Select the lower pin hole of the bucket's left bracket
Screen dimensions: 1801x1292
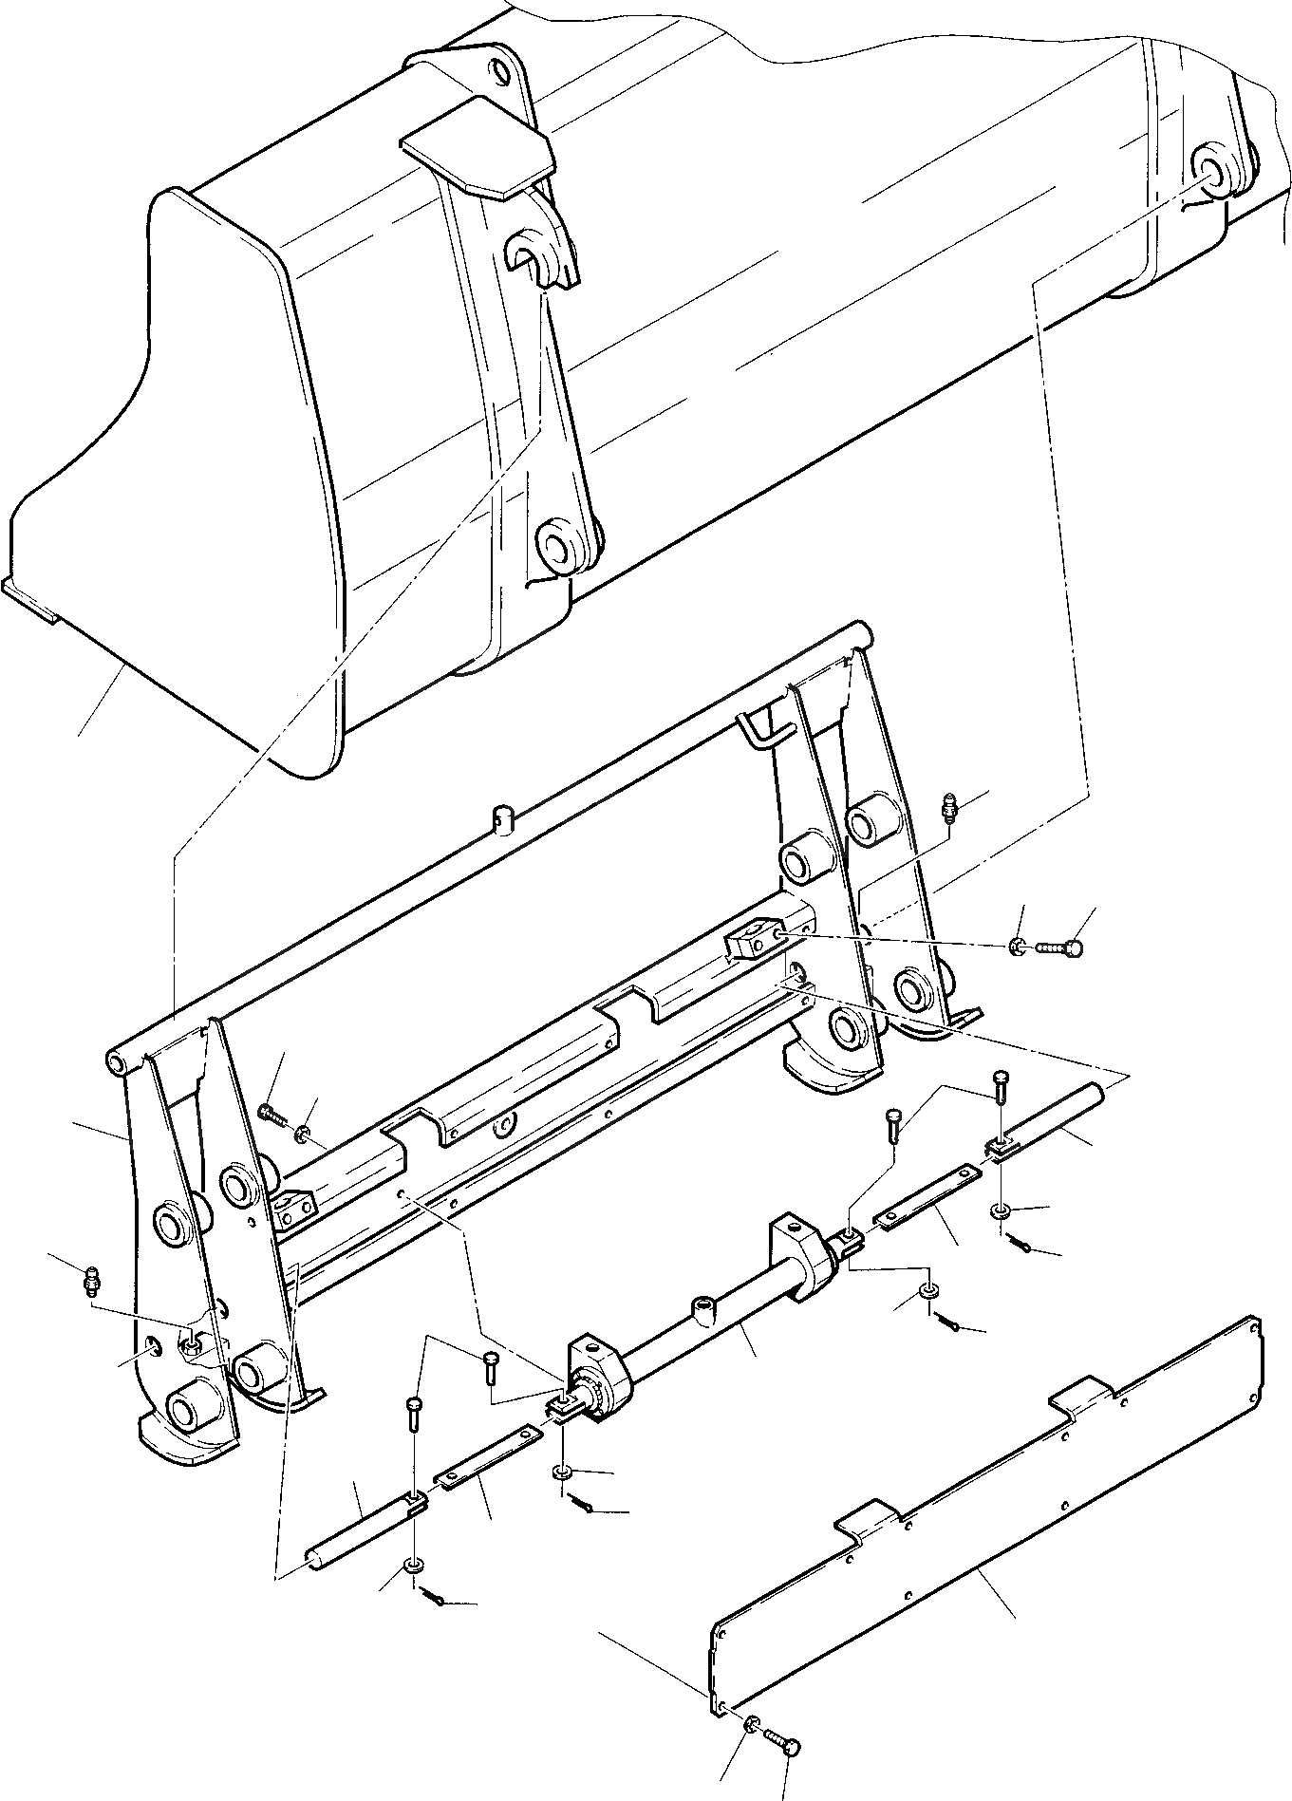tap(554, 547)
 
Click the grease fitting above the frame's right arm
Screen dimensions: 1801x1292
tap(950, 807)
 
